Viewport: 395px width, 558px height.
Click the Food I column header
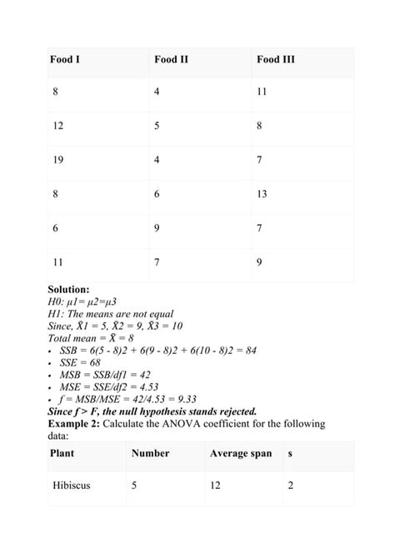tap(67, 59)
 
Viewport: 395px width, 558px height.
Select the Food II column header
tap(172, 59)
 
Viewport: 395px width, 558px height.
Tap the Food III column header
tap(276, 59)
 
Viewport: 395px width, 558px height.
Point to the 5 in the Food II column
tap(157, 126)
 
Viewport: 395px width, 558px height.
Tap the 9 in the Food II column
tap(157, 228)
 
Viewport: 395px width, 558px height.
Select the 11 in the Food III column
tap(262, 92)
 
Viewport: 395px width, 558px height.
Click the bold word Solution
tap(74, 289)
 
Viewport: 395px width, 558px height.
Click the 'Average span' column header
tap(240, 453)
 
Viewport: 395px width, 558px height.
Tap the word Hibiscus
tap(73, 486)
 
